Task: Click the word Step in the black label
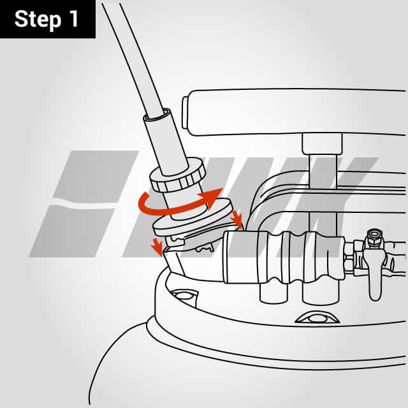pyautogui.click(x=38, y=20)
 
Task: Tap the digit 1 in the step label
pyautogui.click(x=73, y=19)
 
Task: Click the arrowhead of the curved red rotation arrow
pyautogui.click(x=211, y=196)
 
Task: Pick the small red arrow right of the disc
pyautogui.click(x=237, y=218)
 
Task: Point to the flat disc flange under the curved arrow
pyautogui.click(x=193, y=218)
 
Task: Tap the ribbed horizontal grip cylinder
pyautogui.click(x=284, y=257)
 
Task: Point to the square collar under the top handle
pyautogui.click(x=322, y=143)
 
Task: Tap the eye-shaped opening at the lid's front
pyautogui.click(x=317, y=317)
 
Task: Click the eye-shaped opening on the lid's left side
pyautogui.click(x=184, y=296)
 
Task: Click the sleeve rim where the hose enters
pyautogui.click(x=157, y=115)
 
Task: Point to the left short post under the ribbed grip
pyautogui.click(x=273, y=293)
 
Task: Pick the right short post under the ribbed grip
pyautogui.click(x=321, y=293)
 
